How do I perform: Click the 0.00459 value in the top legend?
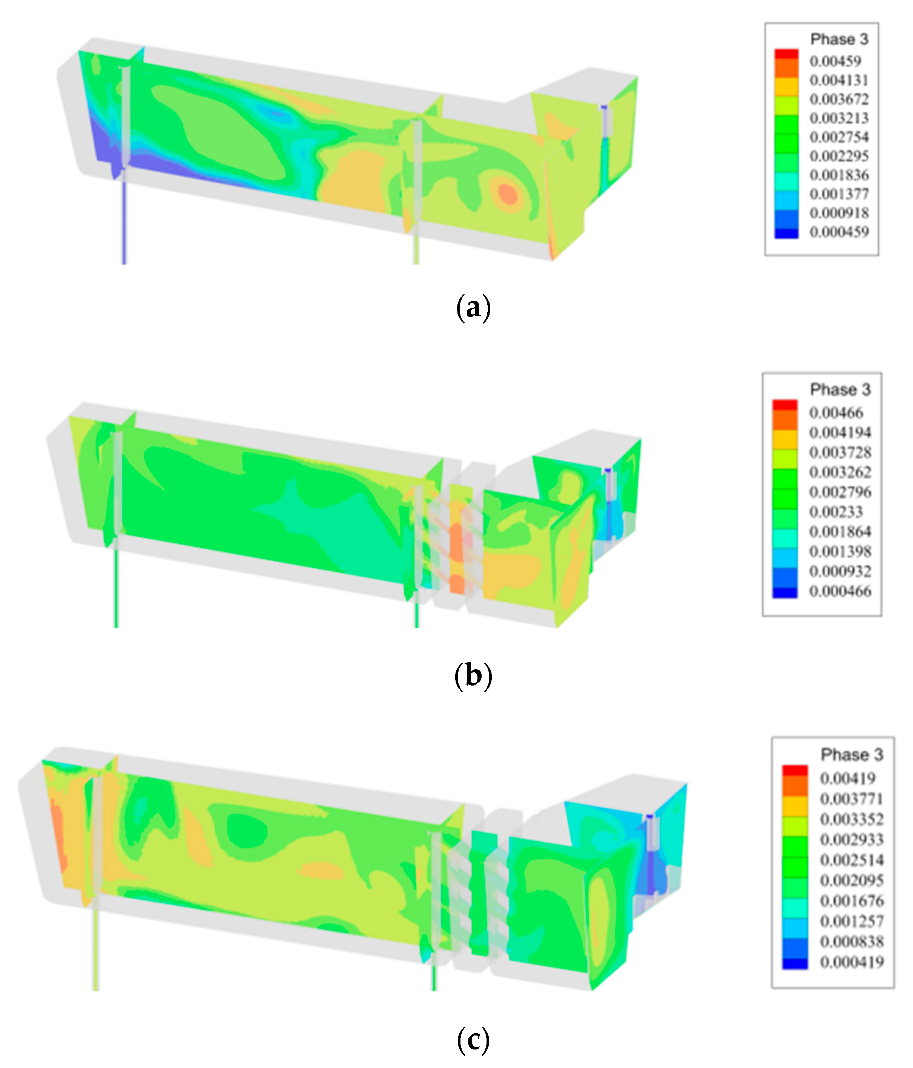(x=835, y=61)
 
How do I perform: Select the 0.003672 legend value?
(x=839, y=99)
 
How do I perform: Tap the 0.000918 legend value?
(x=839, y=213)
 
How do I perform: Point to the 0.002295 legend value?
(x=839, y=156)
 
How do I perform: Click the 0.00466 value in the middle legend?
(x=836, y=412)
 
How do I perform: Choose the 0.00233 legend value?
(x=836, y=512)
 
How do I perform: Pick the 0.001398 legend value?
(x=840, y=551)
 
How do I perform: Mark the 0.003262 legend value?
(x=840, y=472)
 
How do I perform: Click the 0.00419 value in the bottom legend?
(x=848, y=778)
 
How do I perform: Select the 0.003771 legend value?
(x=852, y=799)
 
